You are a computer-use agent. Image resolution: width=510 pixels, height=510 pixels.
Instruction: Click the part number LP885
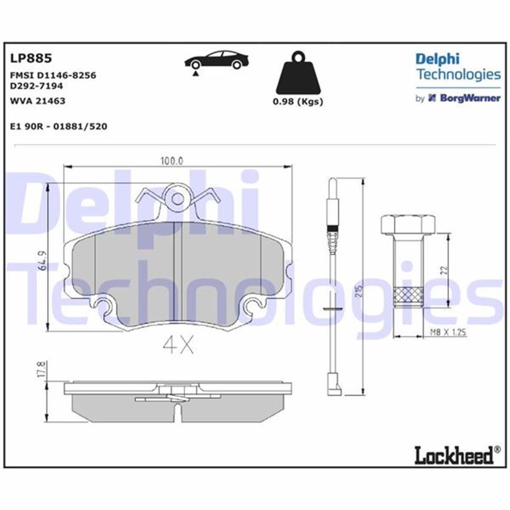click(x=30, y=58)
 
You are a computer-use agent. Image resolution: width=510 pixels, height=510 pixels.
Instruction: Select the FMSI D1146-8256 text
click(x=53, y=75)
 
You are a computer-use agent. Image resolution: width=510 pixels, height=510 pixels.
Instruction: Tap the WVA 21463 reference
click(x=37, y=101)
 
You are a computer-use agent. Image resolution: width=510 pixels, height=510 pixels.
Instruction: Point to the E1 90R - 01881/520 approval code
click(x=58, y=126)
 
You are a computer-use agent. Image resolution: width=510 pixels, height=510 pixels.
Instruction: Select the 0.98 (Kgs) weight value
click(x=297, y=102)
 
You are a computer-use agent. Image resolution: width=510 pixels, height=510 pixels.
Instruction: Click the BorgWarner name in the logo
click(x=470, y=98)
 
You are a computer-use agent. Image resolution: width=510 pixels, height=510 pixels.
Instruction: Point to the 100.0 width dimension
click(x=171, y=161)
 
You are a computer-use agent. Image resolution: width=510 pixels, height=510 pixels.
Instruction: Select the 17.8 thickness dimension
click(x=41, y=369)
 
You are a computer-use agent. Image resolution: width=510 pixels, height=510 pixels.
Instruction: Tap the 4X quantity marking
click(x=178, y=346)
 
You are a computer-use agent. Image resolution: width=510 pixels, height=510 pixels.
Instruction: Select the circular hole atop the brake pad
click(x=178, y=199)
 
